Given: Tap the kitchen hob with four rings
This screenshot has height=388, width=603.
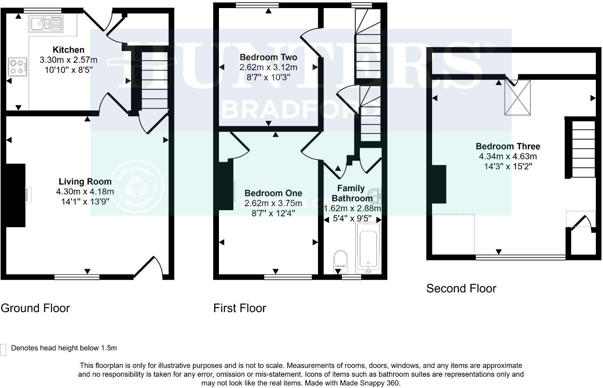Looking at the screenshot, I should coord(17,66).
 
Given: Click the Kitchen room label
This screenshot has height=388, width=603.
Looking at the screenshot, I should coord(69,49).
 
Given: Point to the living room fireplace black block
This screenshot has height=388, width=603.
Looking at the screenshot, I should coord(16,195).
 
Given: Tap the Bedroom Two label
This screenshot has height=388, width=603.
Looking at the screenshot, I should coord(268,57).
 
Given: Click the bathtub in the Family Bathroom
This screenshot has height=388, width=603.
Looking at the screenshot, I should coord(368,248).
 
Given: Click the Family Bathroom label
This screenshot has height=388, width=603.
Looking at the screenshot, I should coord(351,193).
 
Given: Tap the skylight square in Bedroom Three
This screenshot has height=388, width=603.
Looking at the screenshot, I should coord(517,97).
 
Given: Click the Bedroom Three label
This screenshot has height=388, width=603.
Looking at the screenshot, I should coord(508,146).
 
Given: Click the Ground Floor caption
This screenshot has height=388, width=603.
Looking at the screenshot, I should coord(35,308).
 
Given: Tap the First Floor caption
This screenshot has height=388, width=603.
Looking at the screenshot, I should coord(240,308).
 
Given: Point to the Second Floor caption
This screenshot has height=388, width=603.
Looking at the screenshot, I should coord(461,288).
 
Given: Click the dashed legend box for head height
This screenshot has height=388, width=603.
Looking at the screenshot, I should coord(4,349).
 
